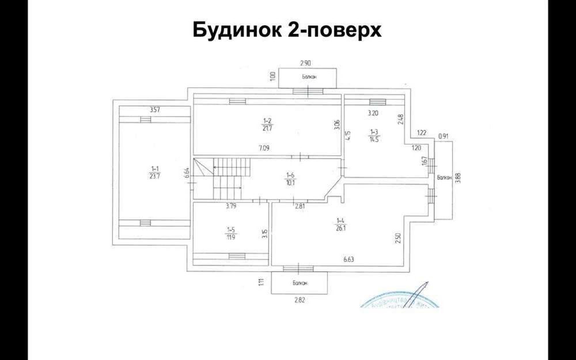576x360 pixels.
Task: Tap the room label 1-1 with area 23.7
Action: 154,173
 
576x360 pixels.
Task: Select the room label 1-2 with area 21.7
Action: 267,123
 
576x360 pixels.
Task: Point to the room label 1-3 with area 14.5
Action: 374,136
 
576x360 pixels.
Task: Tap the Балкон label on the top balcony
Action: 308,77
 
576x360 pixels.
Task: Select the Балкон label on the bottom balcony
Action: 300,283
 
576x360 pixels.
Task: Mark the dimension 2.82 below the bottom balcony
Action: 300,300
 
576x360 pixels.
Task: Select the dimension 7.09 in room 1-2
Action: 264,148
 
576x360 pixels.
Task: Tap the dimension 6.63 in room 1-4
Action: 349,260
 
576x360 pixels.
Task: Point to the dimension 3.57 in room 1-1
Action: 154,109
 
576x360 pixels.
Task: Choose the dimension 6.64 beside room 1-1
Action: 187,173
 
